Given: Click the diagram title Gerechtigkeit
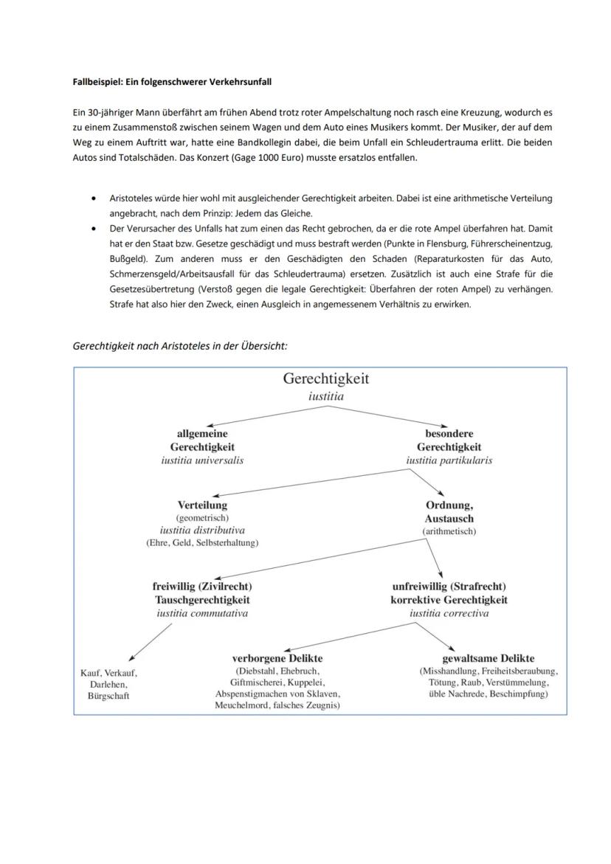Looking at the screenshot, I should click(325, 379).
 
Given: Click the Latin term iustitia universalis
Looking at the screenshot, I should click(202, 460).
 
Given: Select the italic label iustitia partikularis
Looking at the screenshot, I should click(449, 460).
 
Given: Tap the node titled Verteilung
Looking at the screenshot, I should click(202, 505).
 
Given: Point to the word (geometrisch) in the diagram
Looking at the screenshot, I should click(202, 518).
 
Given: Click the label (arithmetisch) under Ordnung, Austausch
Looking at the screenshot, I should click(449, 531).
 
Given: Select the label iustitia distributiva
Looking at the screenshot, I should click(202, 531).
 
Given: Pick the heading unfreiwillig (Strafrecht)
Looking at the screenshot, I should click(449, 587).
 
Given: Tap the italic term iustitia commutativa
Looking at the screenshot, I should click(202, 613).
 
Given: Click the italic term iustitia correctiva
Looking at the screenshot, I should click(449, 613).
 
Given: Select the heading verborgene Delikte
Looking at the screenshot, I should click(277, 658).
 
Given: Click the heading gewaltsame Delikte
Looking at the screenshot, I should click(488, 658).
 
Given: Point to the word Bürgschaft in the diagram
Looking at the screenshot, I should click(108, 696).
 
